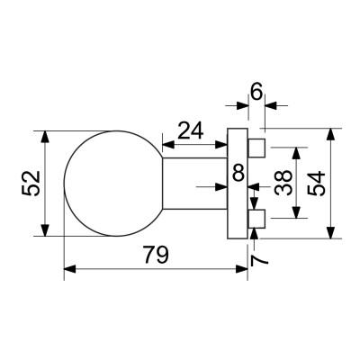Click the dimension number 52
click(28, 184)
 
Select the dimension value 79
click(156, 256)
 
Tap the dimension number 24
click(189, 131)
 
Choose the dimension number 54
click(316, 184)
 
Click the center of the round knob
click(111, 184)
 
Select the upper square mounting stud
click(256, 147)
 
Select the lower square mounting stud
click(256, 218)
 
